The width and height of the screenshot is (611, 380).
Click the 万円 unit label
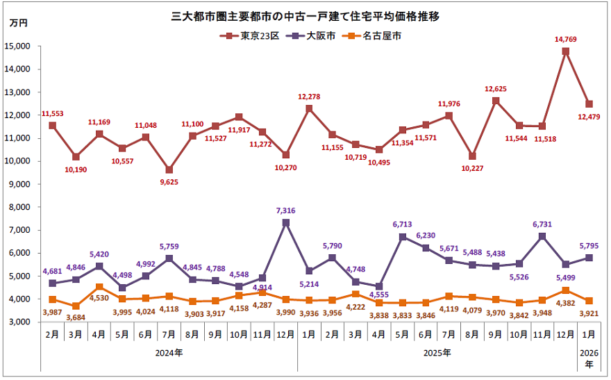(x=19, y=24)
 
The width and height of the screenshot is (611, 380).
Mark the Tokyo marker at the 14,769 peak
(x=566, y=51)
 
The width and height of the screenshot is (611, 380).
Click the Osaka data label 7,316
(x=286, y=211)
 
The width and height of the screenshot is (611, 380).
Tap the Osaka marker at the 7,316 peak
(x=286, y=223)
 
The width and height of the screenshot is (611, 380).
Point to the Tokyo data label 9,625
(x=169, y=181)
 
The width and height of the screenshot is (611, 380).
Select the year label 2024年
(x=169, y=353)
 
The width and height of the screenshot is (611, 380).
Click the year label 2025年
(x=437, y=353)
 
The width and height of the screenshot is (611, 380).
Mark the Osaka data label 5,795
(x=589, y=245)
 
